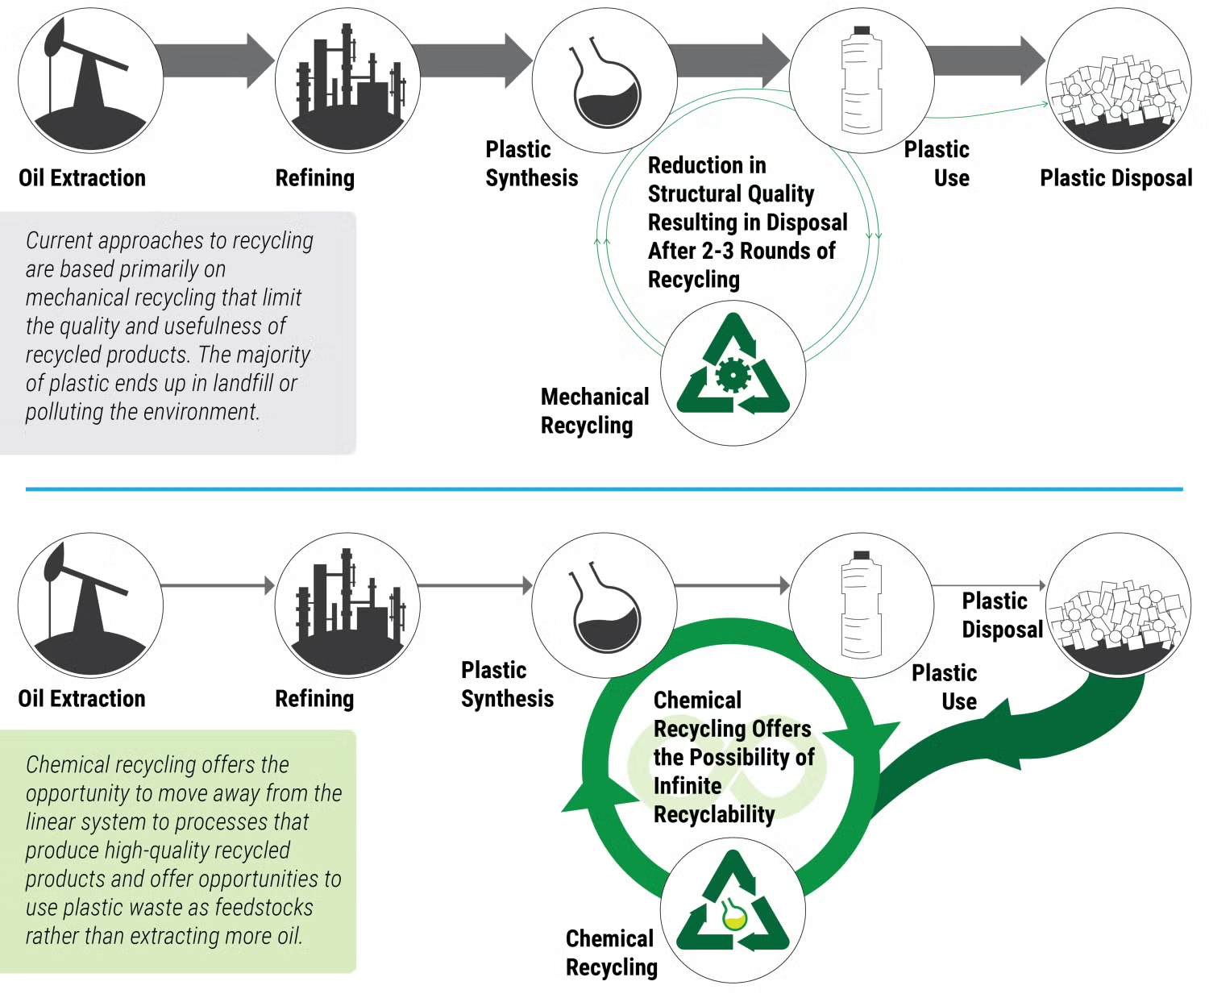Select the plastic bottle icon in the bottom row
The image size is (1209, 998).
point(861,605)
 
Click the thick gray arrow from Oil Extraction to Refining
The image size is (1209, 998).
point(216,60)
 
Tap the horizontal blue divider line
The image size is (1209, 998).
point(604,489)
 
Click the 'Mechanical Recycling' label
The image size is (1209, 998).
point(594,411)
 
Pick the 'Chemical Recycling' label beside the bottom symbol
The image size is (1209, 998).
point(611,953)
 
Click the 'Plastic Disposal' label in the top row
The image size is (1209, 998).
point(1116,178)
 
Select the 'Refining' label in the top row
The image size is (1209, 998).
point(314,178)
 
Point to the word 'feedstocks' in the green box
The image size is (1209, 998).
point(264,908)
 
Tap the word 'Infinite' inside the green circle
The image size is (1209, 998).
point(688,786)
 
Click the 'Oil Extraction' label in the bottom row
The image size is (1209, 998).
point(81,699)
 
